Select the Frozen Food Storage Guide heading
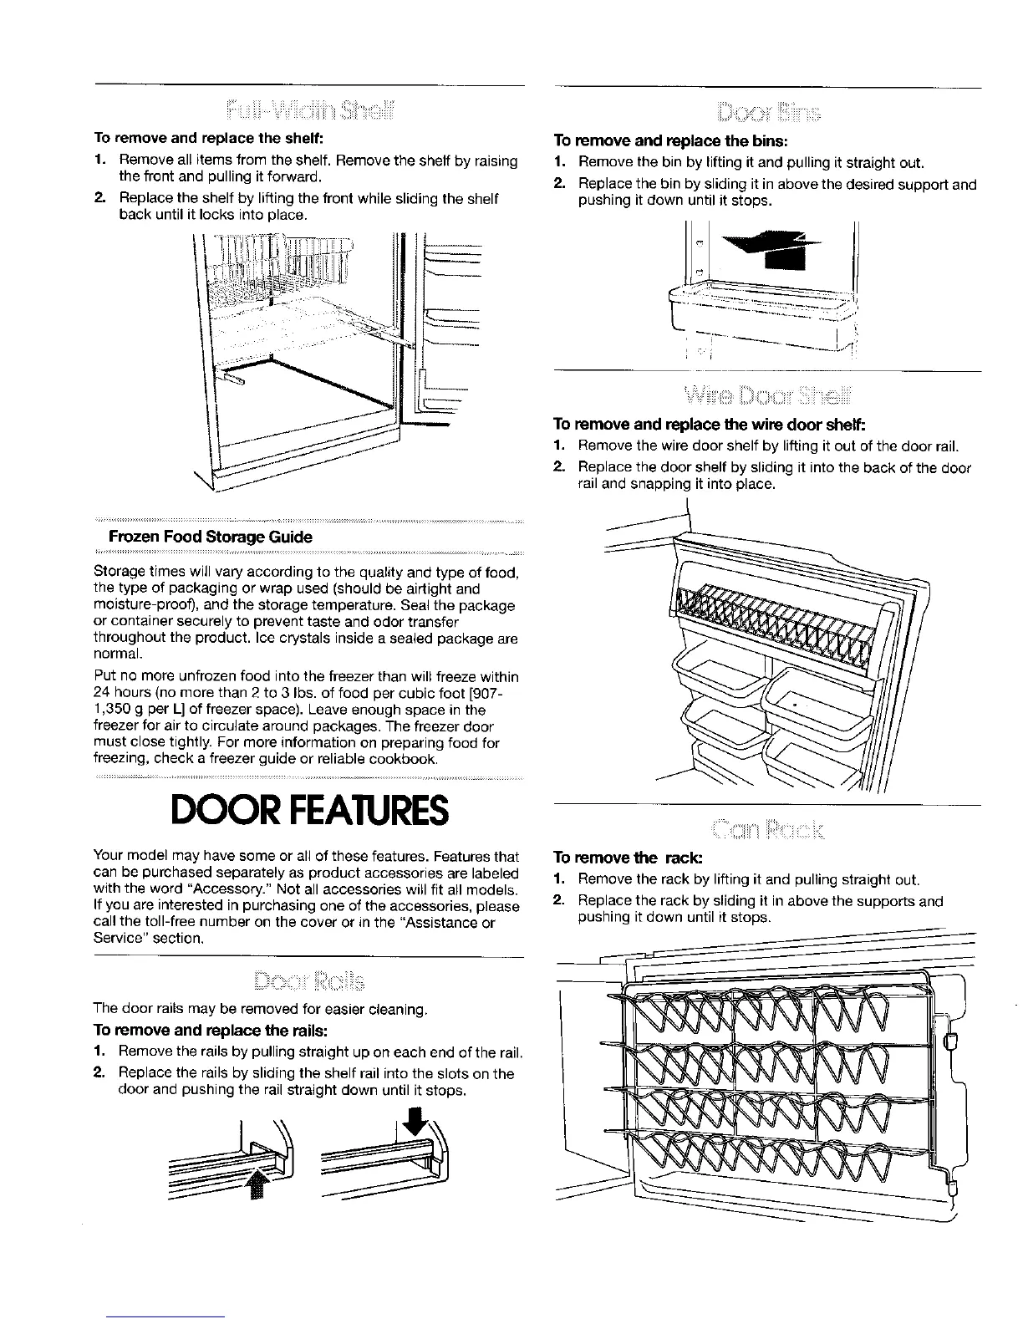pos(206,537)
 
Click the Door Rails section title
pos(309,980)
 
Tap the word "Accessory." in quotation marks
pos(352,888)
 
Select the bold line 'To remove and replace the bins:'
pos(671,140)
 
